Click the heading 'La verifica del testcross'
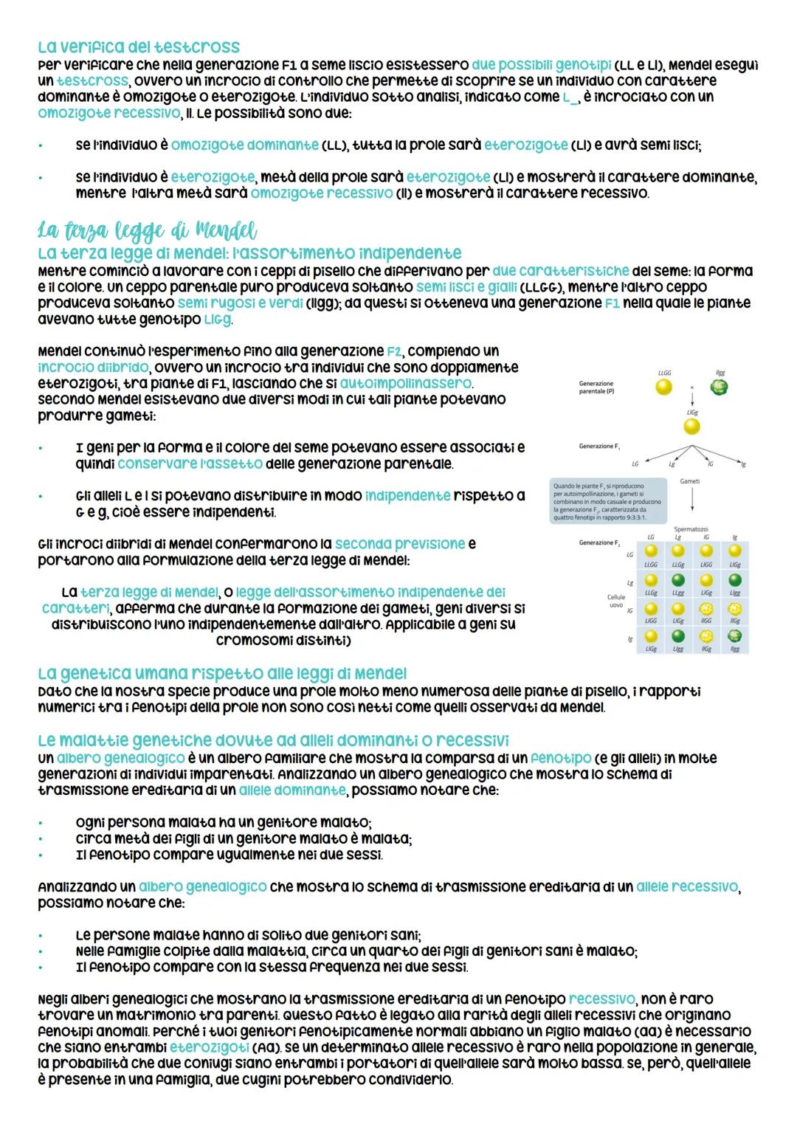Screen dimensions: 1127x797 (138, 48)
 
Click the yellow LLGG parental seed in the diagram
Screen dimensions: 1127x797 (664, 387)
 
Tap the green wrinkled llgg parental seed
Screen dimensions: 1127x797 (720, 387)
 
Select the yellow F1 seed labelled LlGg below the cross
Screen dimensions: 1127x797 (691, 427)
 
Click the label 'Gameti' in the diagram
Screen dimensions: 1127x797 (690, 480)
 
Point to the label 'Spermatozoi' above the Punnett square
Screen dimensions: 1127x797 (691, 529)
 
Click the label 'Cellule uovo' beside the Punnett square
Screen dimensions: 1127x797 (615, 602)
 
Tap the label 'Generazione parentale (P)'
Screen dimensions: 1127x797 (596, 387)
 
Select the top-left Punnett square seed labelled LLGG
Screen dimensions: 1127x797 (651, 552)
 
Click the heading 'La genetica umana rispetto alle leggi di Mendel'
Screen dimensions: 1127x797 (221, 673)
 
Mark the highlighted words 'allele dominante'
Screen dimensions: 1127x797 (291, 790)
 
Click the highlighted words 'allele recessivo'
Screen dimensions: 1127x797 (686, 886)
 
